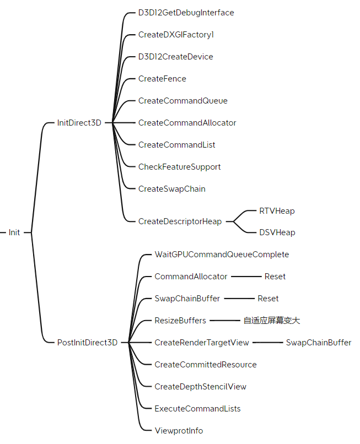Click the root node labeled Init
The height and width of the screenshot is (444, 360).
14,232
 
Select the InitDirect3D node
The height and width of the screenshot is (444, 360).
79,123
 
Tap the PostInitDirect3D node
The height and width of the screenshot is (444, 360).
87,343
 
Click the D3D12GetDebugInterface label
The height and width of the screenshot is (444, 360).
186,13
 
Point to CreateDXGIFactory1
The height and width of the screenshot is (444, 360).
176,35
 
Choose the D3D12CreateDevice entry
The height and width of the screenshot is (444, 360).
175,57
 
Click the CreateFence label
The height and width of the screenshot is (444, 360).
162,79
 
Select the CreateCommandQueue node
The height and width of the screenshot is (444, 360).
182,101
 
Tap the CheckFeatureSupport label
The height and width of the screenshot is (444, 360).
179,167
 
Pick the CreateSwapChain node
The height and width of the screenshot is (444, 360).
171,189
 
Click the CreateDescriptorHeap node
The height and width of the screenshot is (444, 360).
180,221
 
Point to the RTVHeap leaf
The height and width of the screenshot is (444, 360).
277,211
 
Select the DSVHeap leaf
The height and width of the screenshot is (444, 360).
277,232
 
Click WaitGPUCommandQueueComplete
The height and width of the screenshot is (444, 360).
222,255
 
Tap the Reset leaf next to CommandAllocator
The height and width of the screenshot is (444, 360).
275,277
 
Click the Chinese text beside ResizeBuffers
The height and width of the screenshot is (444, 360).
271,321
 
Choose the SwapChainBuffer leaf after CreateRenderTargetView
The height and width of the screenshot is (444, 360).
318,343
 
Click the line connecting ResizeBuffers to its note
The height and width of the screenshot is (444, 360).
224,321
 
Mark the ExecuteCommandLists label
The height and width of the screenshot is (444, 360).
197,409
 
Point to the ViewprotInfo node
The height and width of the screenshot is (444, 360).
179,431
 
